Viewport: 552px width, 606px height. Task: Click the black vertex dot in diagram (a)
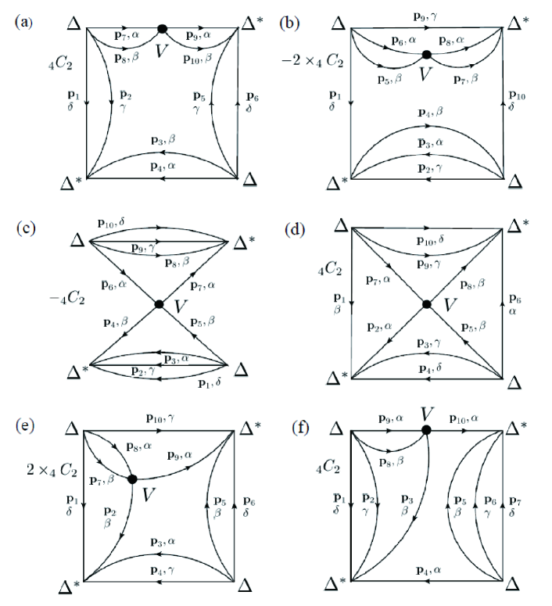[x=162, y=29]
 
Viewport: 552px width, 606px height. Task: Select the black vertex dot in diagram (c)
[x=160, y=303]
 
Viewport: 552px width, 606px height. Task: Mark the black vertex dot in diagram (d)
[x=427, y=303]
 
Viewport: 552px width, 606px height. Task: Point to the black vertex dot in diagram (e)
[x=132, y=479]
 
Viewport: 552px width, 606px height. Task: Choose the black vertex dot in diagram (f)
[x=426, y=429]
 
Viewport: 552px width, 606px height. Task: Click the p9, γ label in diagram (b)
[x=428, y=16]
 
